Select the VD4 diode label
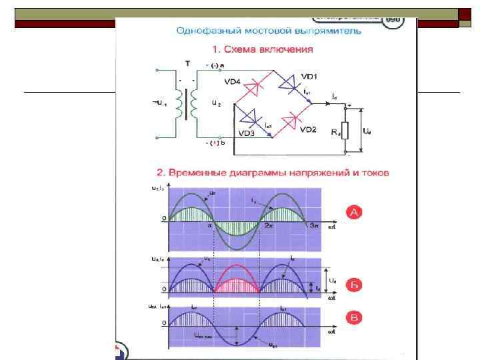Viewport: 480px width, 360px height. pos(233,83)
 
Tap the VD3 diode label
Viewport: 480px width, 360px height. pos(247,133)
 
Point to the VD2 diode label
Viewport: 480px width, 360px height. pos(307,129)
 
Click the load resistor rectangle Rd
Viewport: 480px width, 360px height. pos(345,131)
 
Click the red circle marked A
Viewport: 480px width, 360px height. pos(355,212)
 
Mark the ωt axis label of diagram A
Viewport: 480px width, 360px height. pos(331,228)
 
